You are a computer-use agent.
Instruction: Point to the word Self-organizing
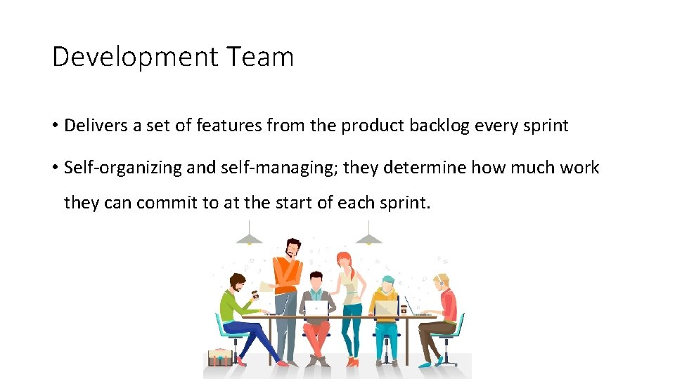(x=122, y=168)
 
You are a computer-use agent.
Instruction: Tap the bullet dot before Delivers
(x=55, y=126)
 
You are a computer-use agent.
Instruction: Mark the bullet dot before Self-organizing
(x=55, y=168)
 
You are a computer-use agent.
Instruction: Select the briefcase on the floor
(x=219, y=357)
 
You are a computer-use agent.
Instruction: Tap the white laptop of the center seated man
(x=316, y=307)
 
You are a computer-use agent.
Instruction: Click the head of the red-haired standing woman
(x=344, y=260)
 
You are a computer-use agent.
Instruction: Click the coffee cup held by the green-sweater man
(x=255, y=295)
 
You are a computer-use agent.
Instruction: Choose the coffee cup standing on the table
(x=405, y=307)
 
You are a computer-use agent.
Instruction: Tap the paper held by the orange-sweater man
(x=266, y=286)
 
